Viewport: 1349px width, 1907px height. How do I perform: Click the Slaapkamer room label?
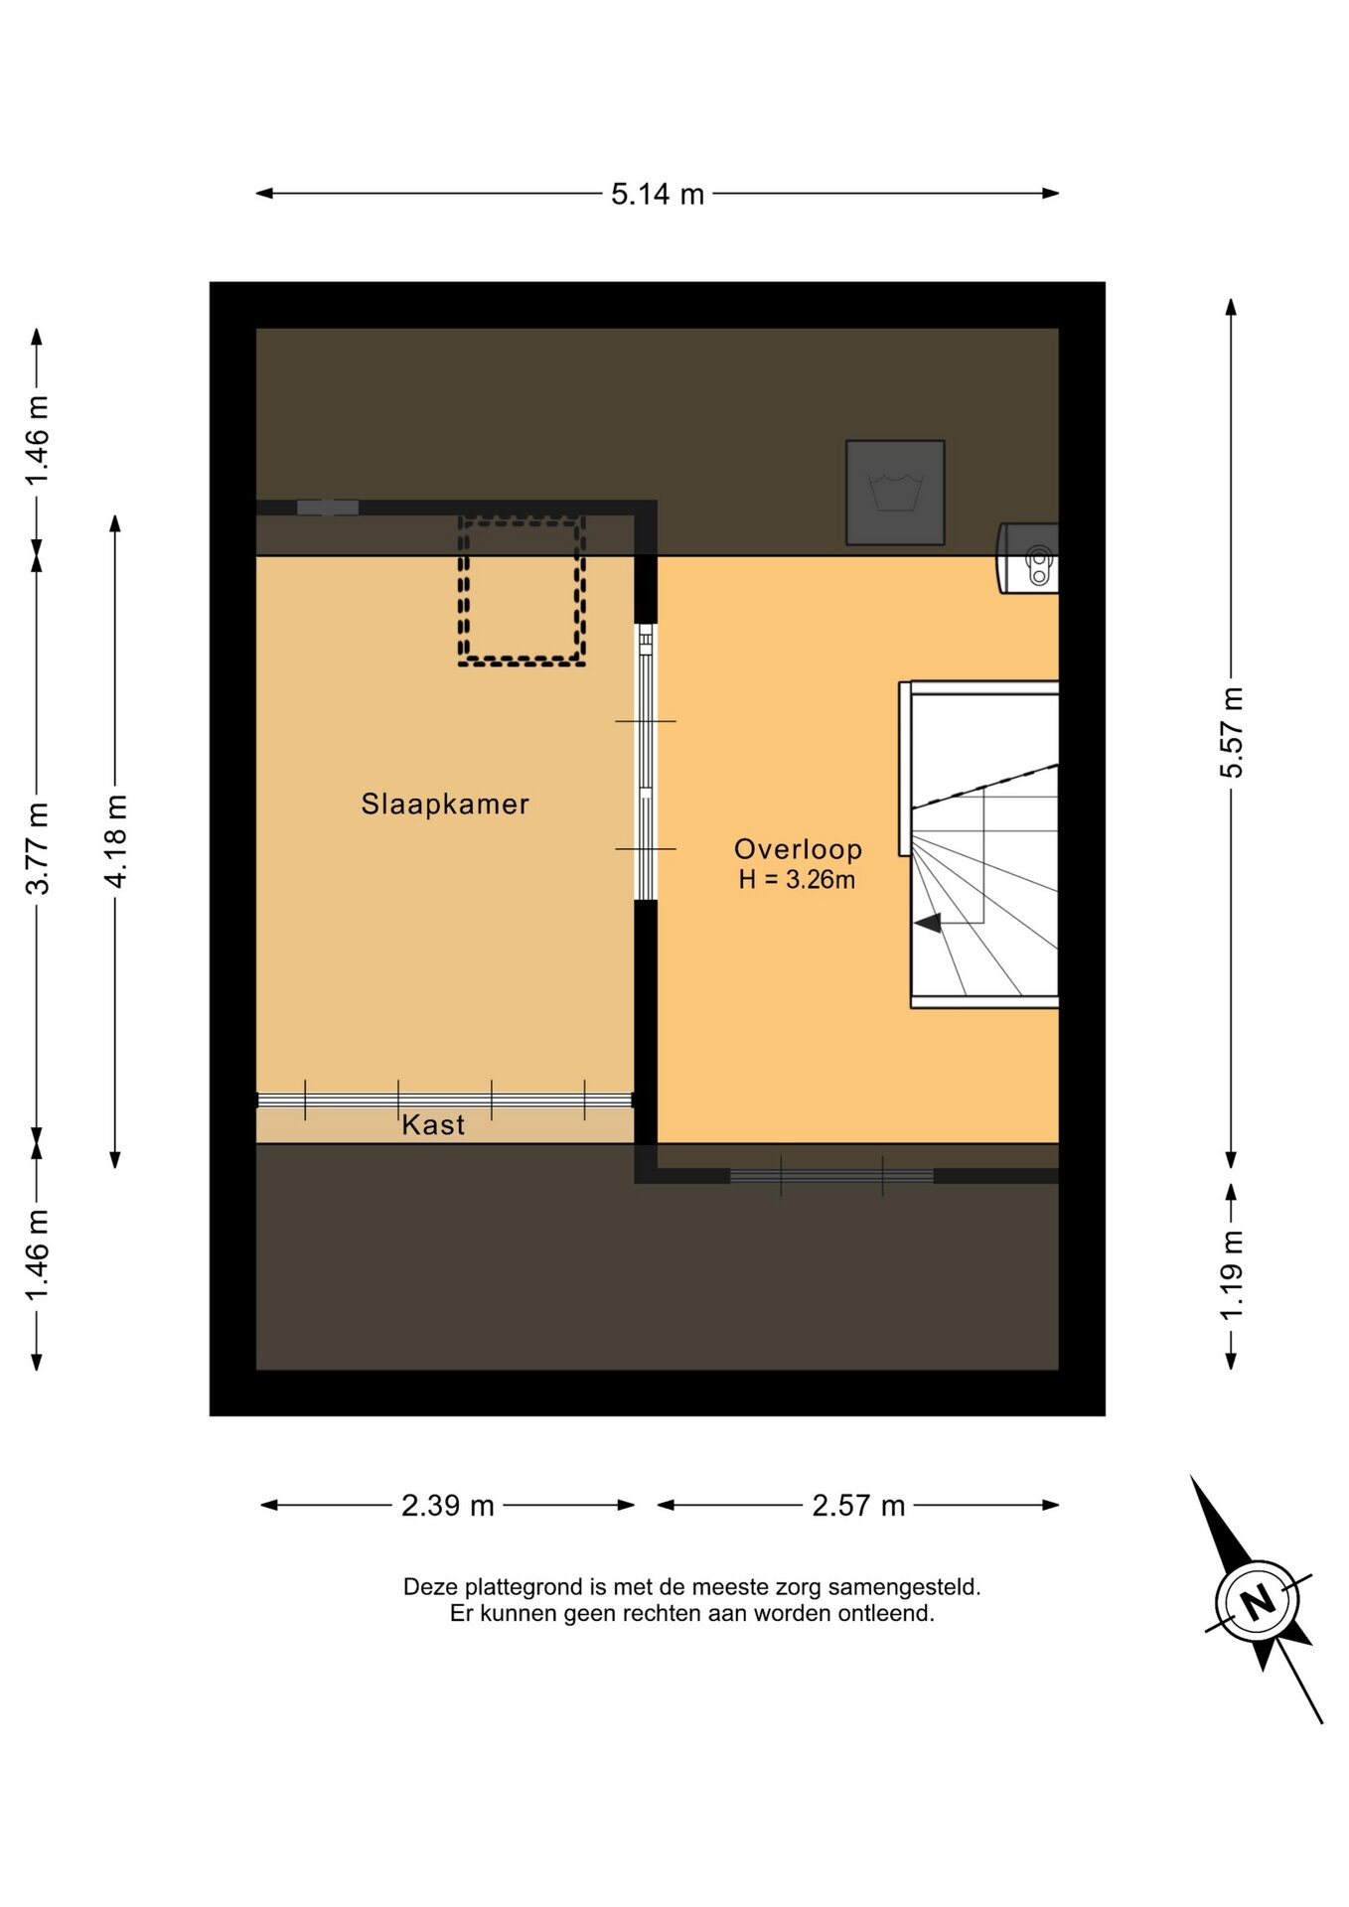(x=444, y=805)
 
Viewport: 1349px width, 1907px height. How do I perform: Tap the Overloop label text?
(x=798, y=849)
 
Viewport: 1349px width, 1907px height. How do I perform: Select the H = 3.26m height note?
(x=797, y=880)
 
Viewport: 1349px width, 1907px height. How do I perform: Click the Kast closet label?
(x=433, y=1125)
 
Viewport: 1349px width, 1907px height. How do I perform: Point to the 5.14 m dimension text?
(x=658, y=195)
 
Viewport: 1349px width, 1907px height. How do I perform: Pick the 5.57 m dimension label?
(x=1232, y=733)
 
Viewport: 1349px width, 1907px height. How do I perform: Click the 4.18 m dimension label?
(x=115, y=841)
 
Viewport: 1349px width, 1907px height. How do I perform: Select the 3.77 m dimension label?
(x=38, y=849)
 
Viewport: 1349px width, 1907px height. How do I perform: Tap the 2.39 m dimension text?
(x=448, y=1506)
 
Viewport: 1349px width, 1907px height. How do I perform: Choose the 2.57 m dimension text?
(x=858, y=1506)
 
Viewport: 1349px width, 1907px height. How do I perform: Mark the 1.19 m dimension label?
(x=1232, y=1275)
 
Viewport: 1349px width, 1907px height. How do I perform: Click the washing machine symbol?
(x=895, y=493)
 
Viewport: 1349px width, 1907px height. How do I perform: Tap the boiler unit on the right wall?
(x=1028, y=558)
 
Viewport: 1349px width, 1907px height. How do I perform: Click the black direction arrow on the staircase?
(x=928, y=924)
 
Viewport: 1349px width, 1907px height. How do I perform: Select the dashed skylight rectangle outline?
(x=522, y=591)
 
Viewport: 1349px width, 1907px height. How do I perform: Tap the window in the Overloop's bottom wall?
(x=831, y=1176)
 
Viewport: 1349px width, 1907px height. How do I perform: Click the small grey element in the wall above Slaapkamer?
(x=328, y=508)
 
